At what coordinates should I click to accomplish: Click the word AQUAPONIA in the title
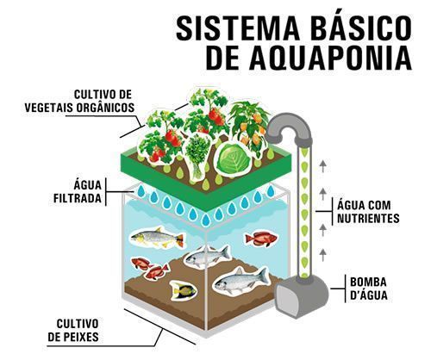[x=330, y=59]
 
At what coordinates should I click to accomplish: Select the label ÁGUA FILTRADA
[x=78, y=191]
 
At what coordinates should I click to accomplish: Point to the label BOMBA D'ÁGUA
[x=369, y=289]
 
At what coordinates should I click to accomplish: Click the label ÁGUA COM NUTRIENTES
[x=368, y=212]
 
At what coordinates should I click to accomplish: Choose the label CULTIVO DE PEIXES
[x=73, y=330]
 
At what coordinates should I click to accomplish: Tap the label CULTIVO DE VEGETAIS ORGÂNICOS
[x=79, y=101]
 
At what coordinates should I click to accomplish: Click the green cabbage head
[x=234, y=158]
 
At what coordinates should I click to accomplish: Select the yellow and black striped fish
[x=183, y=290]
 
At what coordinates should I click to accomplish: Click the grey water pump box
[x=301, y=295]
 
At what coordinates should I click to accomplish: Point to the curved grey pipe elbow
[x=288, y=126]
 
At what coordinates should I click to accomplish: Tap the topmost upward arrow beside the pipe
[x=323, y=166]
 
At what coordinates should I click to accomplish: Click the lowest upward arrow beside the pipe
[x=323, y=255]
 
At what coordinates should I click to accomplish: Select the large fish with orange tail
[x=157, y=238]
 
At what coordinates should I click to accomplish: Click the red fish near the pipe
[x=260, y=239]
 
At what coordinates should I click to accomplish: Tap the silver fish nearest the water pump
[x=241, y=282]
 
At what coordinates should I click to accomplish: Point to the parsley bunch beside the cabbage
[x=198, y=157]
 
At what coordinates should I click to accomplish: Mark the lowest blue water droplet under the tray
[x=206, y=220]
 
